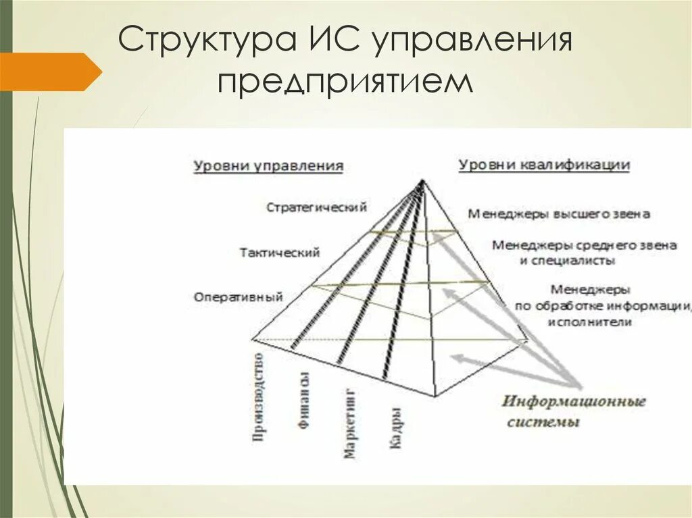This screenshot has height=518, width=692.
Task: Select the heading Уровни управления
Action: [x=268, y=166]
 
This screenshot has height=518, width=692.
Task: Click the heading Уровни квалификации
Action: [x=544, y=165]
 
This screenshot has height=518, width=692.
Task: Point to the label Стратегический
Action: [x=316, y=207]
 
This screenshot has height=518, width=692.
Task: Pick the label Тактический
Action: [x=279, y=253]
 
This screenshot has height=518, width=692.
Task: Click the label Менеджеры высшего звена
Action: [x=558, y=214]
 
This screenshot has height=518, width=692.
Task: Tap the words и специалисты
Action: [x=567, y=259]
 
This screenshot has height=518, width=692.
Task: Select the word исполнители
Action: [x=591, y=322]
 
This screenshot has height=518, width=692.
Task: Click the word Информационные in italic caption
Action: [x=573, y=402]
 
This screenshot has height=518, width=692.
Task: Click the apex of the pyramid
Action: [x=422, y=180]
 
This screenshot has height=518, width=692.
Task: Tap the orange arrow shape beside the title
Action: [x=51, y=71]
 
